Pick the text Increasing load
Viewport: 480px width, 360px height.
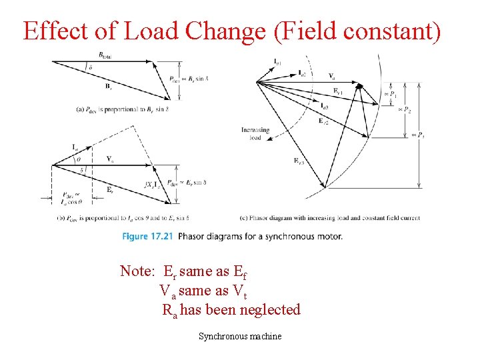pos(255,133)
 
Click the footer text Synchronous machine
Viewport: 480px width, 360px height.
pos(240,337)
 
